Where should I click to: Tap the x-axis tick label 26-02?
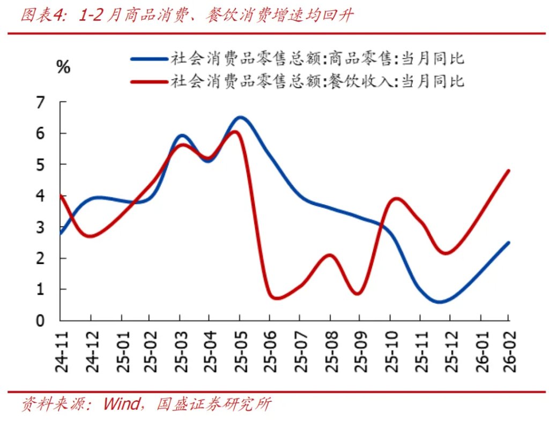[508, 351]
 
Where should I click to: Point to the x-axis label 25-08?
[330, 351]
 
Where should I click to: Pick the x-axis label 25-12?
[449, 351]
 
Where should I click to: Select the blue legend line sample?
[149, 58]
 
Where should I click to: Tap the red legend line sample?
[149, 81]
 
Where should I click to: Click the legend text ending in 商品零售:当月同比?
[317, 58]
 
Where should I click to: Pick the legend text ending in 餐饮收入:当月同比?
[317, 81]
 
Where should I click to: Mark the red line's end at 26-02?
[508, 171]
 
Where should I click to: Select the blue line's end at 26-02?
[508, 243]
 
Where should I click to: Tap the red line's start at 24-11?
[62, 196]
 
